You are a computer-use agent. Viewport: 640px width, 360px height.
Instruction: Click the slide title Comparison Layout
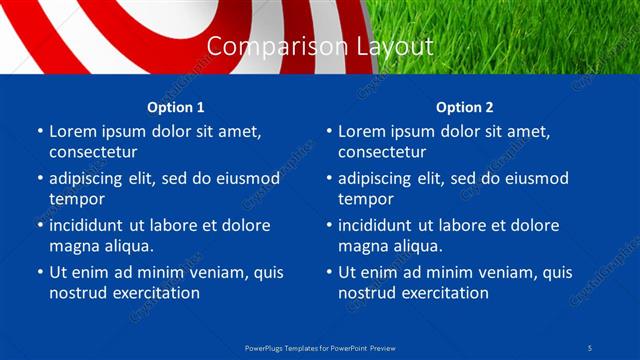[x=320, y=47]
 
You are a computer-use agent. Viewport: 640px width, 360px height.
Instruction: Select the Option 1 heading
[x=176, y=107]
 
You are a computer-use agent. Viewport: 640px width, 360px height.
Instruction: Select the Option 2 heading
[x=465, y=107]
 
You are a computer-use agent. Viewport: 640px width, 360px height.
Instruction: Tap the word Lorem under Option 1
[x=73, y=131]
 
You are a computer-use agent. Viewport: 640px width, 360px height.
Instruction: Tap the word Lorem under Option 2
[x=362, y=131]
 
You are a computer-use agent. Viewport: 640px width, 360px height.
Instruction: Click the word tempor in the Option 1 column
[x=76, y=199]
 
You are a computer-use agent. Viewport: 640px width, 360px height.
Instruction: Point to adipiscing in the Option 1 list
[x=95, y=179]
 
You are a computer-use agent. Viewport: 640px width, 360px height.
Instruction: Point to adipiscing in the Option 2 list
[x=384, y=179]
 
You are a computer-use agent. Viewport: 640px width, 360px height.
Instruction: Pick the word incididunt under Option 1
[x=94, y=225]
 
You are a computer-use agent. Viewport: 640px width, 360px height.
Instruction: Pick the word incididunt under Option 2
[x=383, y=225]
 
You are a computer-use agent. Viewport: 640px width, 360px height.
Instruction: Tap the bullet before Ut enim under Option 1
[x=39, y=272]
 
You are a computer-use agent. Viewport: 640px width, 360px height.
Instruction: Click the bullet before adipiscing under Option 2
[x=328, y=179]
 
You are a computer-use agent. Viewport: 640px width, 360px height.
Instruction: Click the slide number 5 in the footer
[x=591, y=348]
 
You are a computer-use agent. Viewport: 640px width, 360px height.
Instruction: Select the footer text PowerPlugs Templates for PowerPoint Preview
[x=320, y=348]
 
